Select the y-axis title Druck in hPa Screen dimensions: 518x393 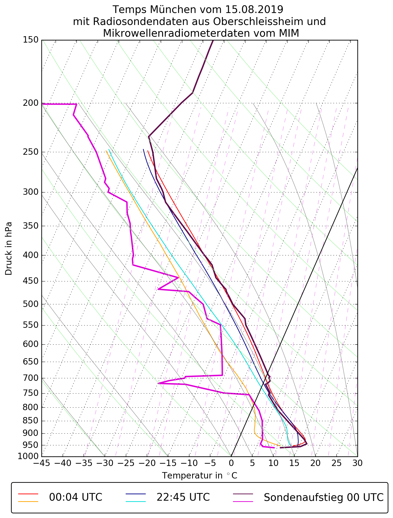[x=9, y=249]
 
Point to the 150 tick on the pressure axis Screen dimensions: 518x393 [x=31, y=40]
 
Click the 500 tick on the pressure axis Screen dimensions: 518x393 [x=31, y=304]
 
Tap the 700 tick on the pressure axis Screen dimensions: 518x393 [x=31, y=378]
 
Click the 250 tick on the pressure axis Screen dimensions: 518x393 [x=31, y=152]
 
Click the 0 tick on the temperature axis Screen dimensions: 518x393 [x=231, y=463]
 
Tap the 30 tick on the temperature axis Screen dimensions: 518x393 [x=357, y=463]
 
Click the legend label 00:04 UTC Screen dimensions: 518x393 [x=76, y=497]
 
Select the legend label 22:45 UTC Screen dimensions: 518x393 [x=183, y=497]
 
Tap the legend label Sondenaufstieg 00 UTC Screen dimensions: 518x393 [x=323, y=497]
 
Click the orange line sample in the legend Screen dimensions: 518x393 [x=28, y=501]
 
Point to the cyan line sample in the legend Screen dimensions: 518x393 [x=136, y=501]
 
